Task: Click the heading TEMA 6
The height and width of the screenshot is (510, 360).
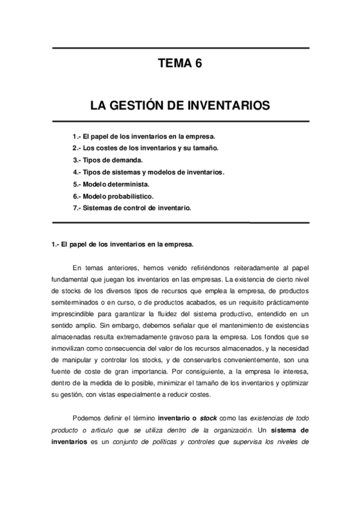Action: coord(180,64)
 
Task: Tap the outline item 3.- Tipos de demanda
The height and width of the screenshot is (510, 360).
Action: coord(108,160)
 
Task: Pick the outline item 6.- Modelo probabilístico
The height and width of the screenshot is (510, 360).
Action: coord(113,196)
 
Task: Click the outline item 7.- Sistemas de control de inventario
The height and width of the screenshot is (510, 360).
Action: coord(132,208)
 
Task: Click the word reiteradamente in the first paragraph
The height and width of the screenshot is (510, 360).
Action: coord(246,267)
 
